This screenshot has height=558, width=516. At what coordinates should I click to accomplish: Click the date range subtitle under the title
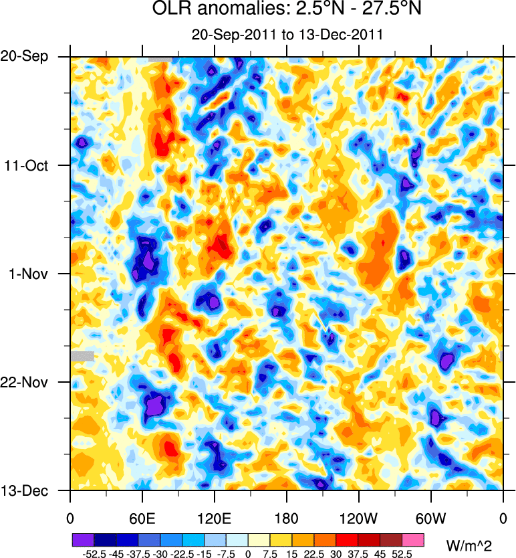pyautogui.click(x=287, y=35)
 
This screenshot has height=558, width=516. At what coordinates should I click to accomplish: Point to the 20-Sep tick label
pyautogui.click(x=25, y=57)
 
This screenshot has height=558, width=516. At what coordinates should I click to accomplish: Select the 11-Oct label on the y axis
pyautogui.click(x=26, y=165)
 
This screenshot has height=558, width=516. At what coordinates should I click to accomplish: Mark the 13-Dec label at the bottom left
pyautogui.click(x=25, y=490)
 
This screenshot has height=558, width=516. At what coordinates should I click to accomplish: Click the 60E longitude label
pyautogui.click(x=142, y=519)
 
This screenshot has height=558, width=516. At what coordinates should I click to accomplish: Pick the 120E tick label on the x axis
pyautogui.click(x=215, y=519)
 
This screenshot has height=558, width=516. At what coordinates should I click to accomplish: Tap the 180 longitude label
pyautogui.click(x=287, y=519)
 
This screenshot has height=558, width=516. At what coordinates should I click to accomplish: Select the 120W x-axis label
pyautogui.click(x=359, y=519)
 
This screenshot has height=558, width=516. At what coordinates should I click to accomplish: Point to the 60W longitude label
pyautogui.click(x=431, y=519)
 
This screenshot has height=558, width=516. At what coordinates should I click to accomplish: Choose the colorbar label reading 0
pyautogui.click(x=248, y=553)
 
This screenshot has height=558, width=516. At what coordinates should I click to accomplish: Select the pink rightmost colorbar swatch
pyautogui.click(x=413, y=539)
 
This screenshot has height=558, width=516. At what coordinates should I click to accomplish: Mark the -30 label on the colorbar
pyautogui.click(x=160, y=553)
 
